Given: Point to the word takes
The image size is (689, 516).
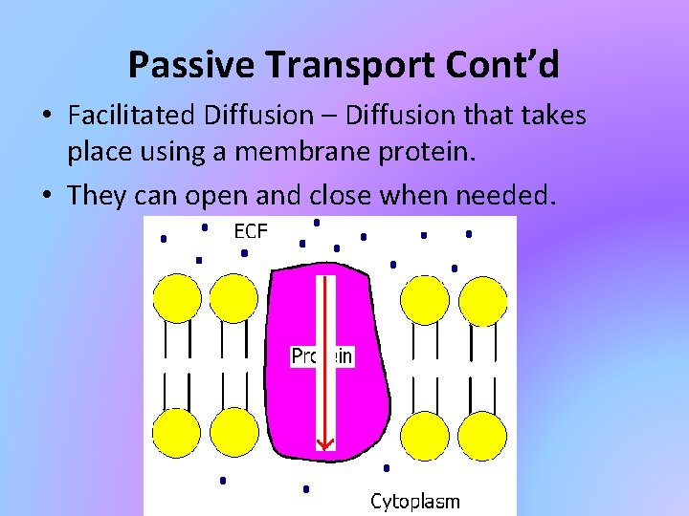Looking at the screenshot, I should point(554,116).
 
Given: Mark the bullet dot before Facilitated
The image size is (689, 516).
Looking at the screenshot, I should point(46,117).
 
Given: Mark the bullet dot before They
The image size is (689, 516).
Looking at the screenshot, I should point(46,196).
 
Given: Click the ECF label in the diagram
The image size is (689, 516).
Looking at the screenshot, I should point(251,230).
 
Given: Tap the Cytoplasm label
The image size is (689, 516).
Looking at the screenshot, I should point(414,501).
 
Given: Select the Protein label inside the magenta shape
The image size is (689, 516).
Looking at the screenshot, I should point(322,356).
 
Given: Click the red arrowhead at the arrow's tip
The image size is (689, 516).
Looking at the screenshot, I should point(325,442).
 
